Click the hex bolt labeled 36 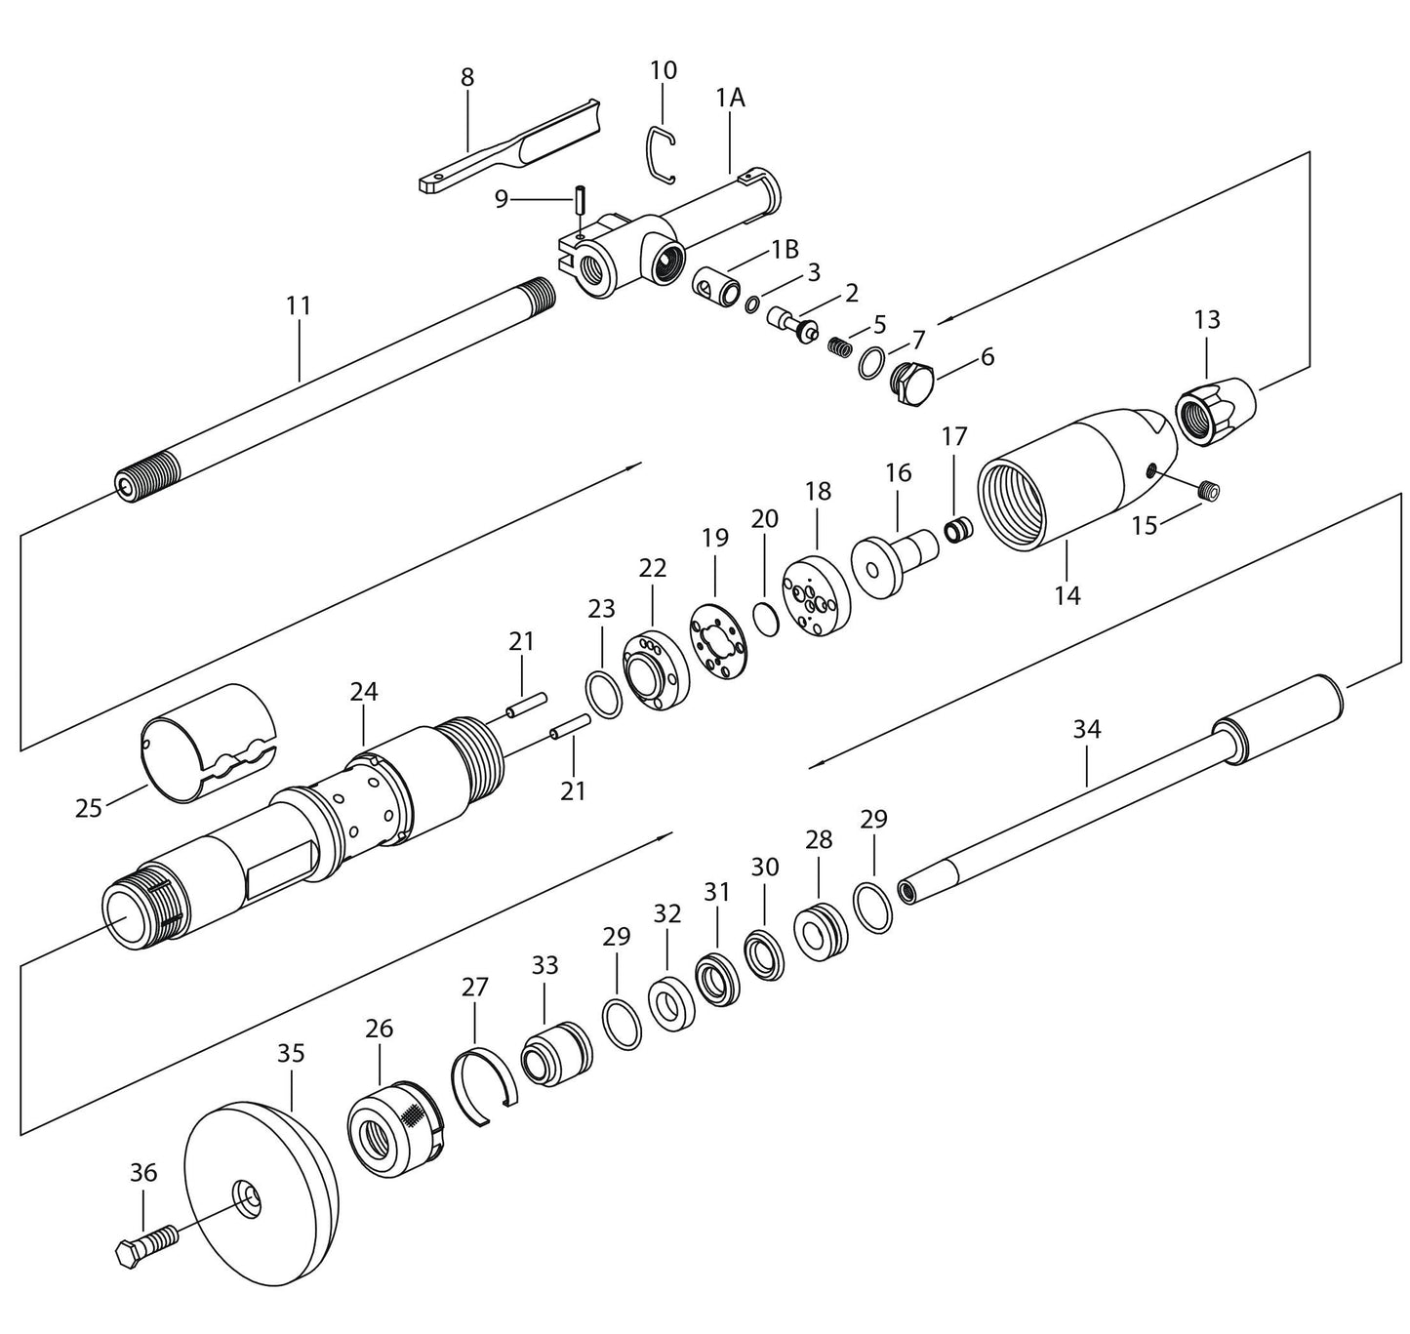pos(146,1247)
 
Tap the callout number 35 pos(291,1053)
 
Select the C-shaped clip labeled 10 pos(663,153)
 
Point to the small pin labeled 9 pos(579,203)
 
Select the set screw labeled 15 pos(1209,492)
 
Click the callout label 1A pos(730,97)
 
